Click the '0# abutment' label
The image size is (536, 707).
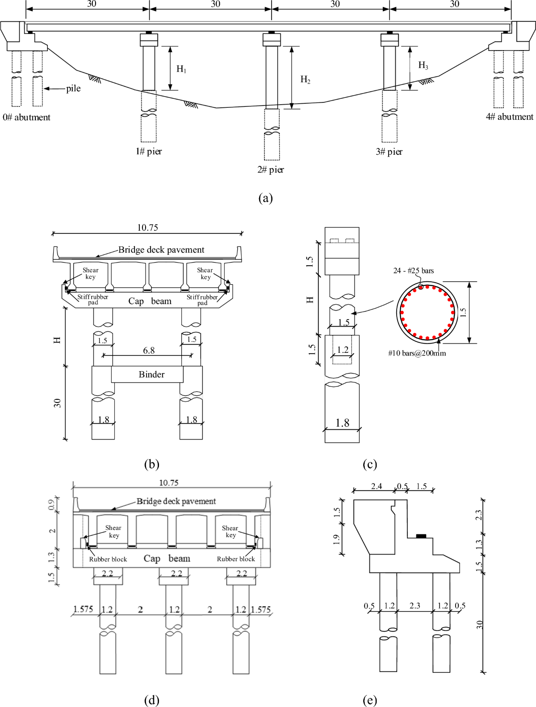(x=26, y=117)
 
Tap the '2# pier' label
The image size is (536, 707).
(x=270, y=169)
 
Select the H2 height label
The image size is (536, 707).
(x=306, y=80)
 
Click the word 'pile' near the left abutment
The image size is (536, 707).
(x=73, y=89)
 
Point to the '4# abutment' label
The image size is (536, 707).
(x=509, y=117)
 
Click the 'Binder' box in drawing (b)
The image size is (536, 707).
(x=151, y=374)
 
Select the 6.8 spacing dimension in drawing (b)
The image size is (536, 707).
(x=149, y=350)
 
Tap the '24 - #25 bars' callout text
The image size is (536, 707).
(x=413, y=271)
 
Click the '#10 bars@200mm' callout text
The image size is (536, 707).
(x=417, y=353)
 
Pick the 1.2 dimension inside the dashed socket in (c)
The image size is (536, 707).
(x=343, y=350)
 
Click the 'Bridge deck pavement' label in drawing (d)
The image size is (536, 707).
(x=176, y=501)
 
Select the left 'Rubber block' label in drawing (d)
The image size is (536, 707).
(x=108, y=559)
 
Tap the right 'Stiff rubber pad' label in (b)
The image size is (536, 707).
(x=202, y=300)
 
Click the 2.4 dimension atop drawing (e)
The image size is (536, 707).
(x=377, y=486)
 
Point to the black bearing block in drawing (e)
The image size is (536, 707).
(x=421, y=536)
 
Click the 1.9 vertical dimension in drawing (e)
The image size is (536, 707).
(x=336, y=540)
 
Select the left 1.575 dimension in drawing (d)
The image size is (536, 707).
(x=83, y=609)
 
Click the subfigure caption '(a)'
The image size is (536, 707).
(x=265, y=198)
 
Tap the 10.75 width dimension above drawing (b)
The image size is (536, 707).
(x=147, y=228)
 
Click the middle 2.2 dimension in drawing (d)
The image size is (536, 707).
(x=176, y=573)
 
